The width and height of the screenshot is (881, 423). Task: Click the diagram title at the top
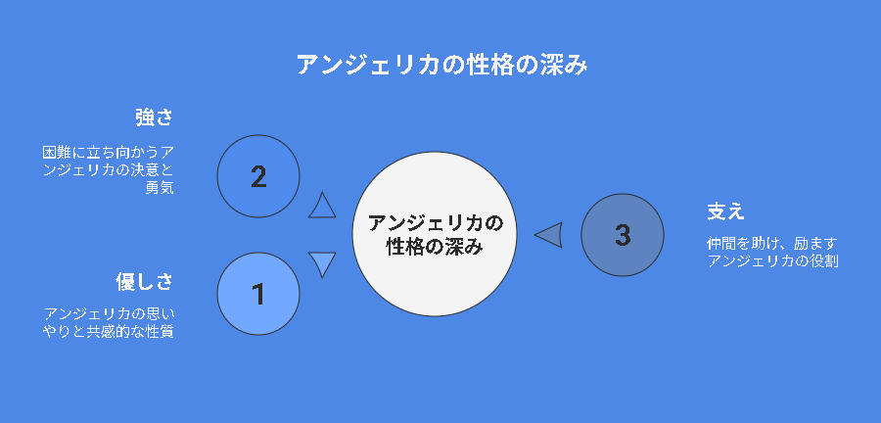[x=441, y=66]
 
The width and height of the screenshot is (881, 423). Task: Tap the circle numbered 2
[x=258, y=176]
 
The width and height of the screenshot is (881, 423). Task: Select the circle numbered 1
[x=258, y=294]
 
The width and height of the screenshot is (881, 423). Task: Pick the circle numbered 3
[x=623, y=235]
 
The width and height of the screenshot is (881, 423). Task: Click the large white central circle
[x=435, y=234]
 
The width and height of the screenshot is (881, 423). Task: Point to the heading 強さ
[x=154, y=117]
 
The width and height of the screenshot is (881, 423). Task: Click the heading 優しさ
[x=145, y=281]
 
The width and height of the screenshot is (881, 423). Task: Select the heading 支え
[x=725, y=211]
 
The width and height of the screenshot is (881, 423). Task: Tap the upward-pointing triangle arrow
[x=322, y=206]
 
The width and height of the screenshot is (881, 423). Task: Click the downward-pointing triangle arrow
[x=322, y=264]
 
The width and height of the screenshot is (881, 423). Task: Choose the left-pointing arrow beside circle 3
[x=549, y=235]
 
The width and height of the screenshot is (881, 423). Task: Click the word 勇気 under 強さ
[x=160, y=188]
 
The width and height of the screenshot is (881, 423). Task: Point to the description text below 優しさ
[x=109, y=322]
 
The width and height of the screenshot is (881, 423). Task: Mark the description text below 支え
[x=772, y=253]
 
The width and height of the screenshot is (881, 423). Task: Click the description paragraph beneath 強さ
[x=109, y=170]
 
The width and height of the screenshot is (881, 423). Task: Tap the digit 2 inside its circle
[x=258, y=177]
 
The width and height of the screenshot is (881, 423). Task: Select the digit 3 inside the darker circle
[x=623, y=235]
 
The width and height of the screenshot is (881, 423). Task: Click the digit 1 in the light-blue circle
[x=258, y=295]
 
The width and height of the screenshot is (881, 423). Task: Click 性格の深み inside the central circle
[x=435, y=246]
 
